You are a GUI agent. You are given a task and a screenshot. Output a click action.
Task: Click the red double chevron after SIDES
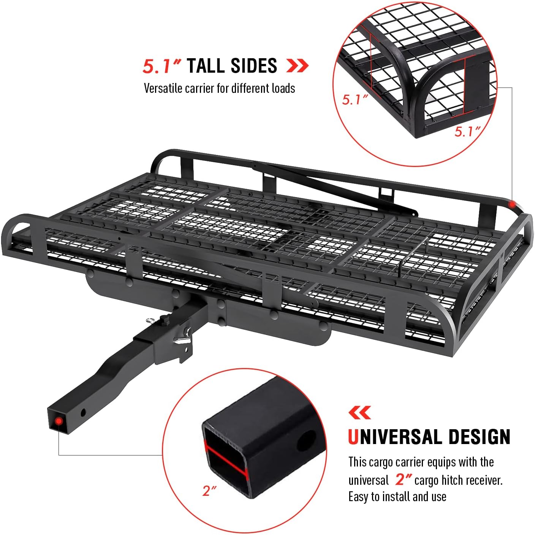[297, 66]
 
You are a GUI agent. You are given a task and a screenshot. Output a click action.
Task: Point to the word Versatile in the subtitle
[162, 88]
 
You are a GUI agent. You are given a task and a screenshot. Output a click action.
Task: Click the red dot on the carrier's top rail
[512, 204]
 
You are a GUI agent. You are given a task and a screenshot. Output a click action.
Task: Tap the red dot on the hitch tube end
[59, 421]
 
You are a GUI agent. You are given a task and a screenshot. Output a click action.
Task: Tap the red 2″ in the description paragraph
[403, 479]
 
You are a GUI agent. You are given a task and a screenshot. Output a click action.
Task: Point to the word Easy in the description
[358, 497]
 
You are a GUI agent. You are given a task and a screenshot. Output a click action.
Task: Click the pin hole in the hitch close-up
[306, 440]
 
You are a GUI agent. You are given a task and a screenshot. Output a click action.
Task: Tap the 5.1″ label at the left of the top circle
[355, 100]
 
